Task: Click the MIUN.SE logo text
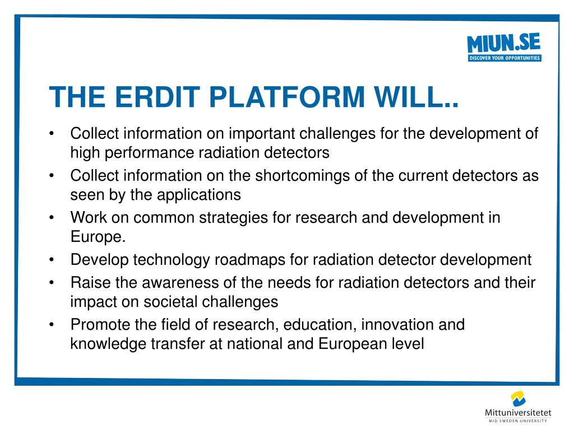pos(504,43)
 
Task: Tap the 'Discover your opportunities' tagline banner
pos(504,58)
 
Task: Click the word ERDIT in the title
pos(158,97)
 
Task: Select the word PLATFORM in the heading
pos(287,97)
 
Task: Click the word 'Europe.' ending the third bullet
pos(98,237)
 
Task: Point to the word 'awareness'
pos(189,283)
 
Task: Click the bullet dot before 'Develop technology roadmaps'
pos(52,260)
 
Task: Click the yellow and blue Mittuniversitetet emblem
pos(519,399)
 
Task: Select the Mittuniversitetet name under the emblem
pos(518,413)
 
